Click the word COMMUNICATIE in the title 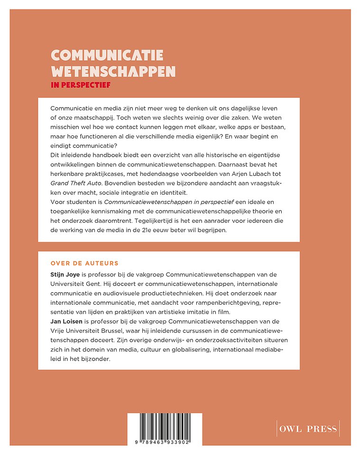coord(107,55)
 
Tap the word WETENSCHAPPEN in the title coord(113,72)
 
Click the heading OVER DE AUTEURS coord(84,263)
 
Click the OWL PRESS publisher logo coord(308,429)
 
